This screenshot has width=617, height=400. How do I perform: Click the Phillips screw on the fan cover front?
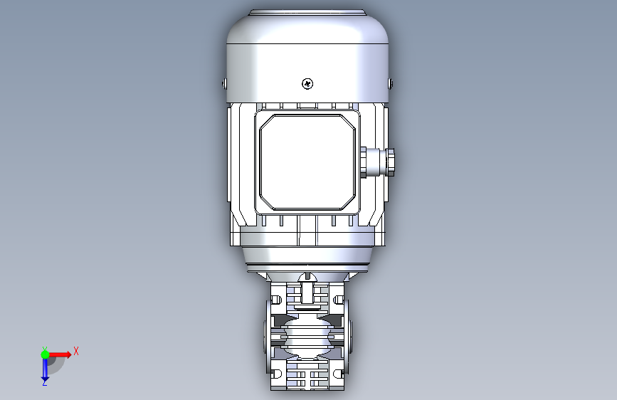pyautogui.click(x=307, y=83)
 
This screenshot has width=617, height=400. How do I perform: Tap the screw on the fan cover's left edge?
pyautogui.click(x=224, y=83)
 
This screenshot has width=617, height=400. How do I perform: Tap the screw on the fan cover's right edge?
pyautogui.click(x=391, y=83)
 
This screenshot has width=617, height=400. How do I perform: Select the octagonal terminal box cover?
pyautogui.click(x=307, y=162)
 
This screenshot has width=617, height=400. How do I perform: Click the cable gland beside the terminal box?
pyautogui.click(x=377, y=162)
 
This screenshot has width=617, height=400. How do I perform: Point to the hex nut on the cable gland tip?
pyautogui.click(x=391, y=162)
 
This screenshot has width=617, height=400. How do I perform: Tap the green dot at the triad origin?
pyautogui.click(x=45, y=354)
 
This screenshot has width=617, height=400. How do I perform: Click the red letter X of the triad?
pyautogui.click(x=76, y=351)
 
